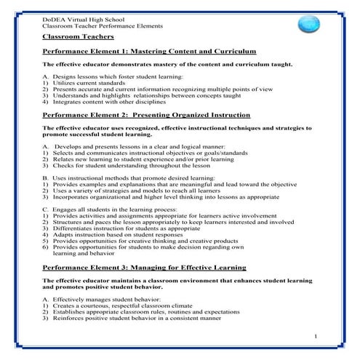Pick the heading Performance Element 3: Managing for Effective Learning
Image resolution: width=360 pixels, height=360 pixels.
144,268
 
